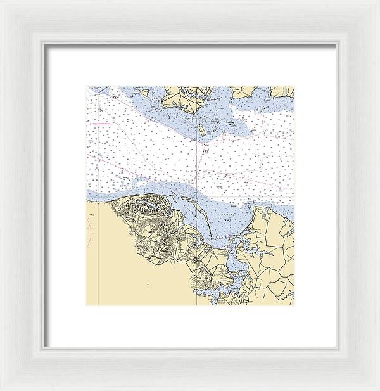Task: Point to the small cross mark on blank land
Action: (x=148, y=285)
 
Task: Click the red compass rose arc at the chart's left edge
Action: (x=92, y=232)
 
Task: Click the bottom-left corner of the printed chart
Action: (x=87, y=305)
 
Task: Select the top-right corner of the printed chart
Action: (x=294, y=87)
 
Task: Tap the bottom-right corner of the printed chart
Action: (x=294, y=305)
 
